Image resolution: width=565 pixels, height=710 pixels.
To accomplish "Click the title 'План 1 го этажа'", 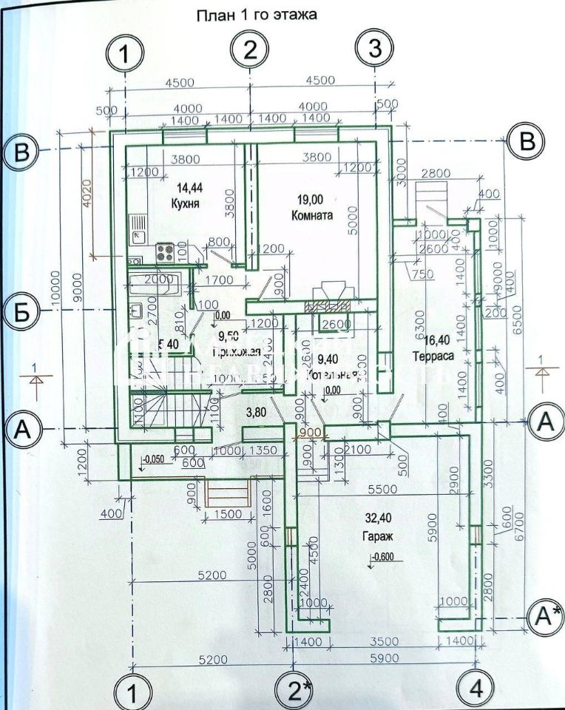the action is [255, 15].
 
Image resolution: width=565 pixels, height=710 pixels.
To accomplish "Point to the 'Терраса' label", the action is [434, 356].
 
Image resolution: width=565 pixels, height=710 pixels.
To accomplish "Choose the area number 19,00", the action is [312, 199].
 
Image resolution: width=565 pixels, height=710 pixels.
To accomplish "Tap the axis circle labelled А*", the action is [546, 614].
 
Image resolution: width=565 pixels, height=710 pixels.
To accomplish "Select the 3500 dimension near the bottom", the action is [384, 640].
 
